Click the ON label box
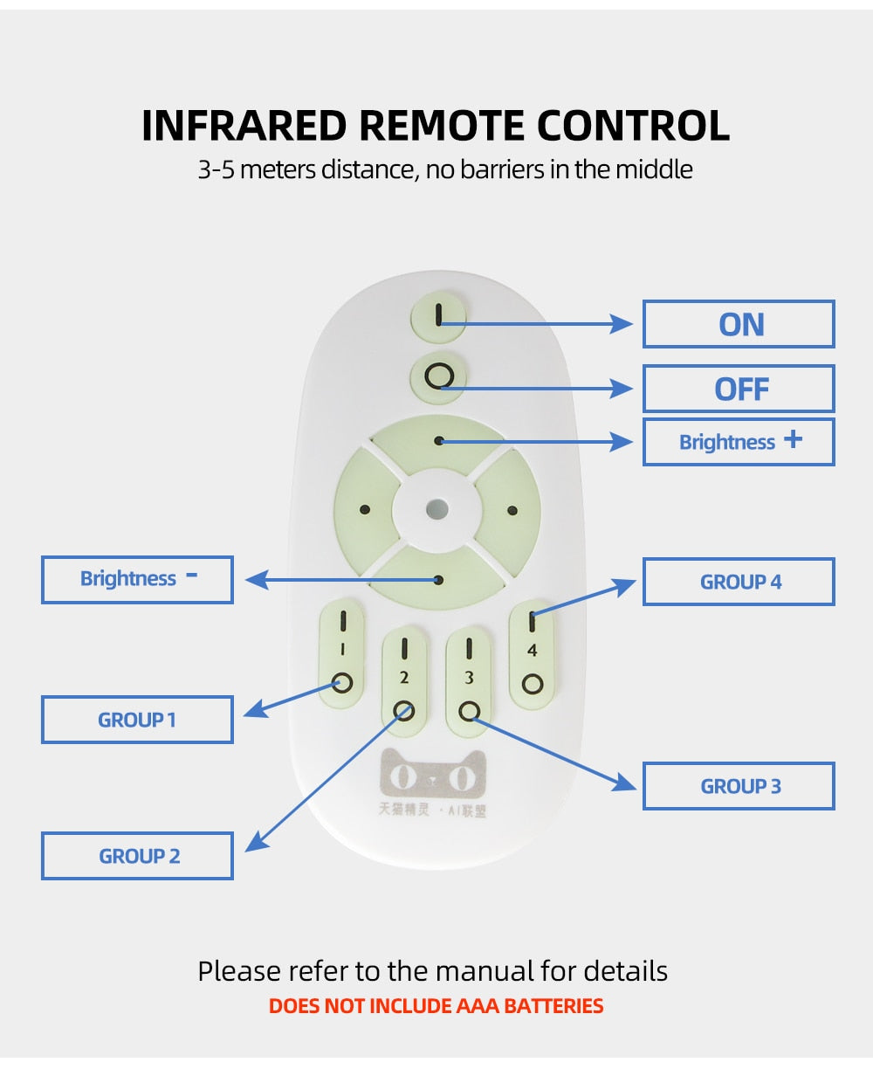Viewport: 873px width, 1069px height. (x=739, y=324)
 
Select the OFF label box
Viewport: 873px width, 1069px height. (x=739, y=389)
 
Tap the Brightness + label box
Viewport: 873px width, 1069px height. (x=739, y=442)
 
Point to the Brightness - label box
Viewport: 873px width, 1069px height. (x=137, y=579)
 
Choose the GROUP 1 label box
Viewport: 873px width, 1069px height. (x=137, y=720)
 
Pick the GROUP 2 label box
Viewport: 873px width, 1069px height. (x=137, y=856)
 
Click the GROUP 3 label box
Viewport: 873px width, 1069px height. (x=739, y=786)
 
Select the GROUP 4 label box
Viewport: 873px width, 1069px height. (x=739, y=582)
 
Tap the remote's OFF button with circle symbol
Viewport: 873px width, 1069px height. (x=438, y=377)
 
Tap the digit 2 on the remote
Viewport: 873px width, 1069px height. (x=404, y=678)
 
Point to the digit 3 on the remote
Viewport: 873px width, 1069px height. (x=469, y=678)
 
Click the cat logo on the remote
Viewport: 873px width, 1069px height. (x=432, y=773)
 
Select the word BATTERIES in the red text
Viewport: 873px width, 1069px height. (x=553, y=1006)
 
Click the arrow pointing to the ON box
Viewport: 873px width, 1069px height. (x=541, y=324)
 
